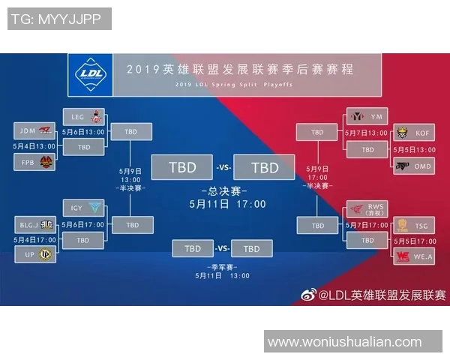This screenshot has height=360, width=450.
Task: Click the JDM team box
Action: point(35,130)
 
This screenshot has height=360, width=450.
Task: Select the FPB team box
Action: point(35,162)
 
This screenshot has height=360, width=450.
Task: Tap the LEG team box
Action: point(86,116)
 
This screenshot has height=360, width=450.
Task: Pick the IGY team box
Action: point(86,208)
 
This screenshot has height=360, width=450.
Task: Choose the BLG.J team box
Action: point(35,224)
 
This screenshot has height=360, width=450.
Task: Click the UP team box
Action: point(35,255)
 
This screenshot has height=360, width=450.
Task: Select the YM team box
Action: point(367,116)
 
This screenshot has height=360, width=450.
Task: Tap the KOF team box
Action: point(414,133)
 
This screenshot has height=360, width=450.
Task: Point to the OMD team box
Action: point(414,165)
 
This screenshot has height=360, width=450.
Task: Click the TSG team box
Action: point(414,224)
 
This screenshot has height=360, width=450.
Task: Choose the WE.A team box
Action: point(414,256)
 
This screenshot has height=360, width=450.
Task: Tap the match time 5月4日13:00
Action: point(34,146)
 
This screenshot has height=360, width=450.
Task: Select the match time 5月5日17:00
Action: point(413,241)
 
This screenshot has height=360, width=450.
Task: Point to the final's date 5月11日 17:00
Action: point(227,203)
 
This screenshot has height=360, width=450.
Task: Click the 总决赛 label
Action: point(227,190)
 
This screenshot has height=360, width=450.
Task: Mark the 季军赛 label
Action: point(223,265)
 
